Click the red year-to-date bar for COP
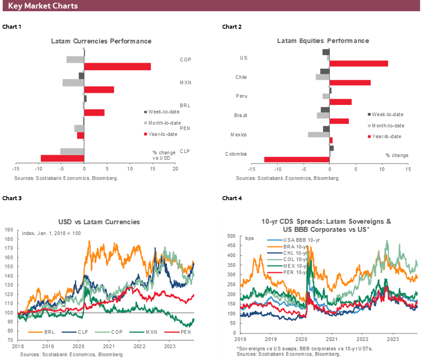click(x=118, y=66)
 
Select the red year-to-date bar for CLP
click(x=62, y=158)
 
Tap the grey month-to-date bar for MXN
click(x=73, y=83)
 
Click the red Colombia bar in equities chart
click(x=297, y=159)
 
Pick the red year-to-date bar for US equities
click(x=359, y=63)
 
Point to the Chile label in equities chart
click(x=241, y=77)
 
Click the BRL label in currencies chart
click(x=185, y=105)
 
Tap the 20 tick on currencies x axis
click(x=175, y=169)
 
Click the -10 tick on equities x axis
click(x=278, y=169)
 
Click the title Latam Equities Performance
click(x=323, y=41)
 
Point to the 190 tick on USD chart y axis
click(x=9, y=229)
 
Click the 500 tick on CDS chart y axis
click(x=232, y=236)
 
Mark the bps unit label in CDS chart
click(x=250, y=238)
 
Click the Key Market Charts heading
click(x=43, y=6)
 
